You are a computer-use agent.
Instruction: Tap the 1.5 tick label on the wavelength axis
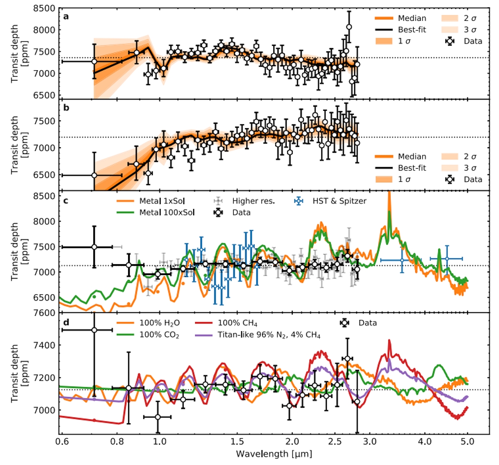pyautogui.click(x=237, y=441)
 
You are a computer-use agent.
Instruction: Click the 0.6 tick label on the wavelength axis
pyautogui.click(x=62, y=441)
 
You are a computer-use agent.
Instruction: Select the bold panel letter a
pyautogui.click(x=66, y=17)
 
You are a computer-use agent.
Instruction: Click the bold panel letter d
pyautogui.click(x=66, y=322)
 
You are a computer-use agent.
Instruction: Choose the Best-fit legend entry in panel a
pyautogui.click(x=412, y=30)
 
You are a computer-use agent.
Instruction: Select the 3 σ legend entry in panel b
pyautogui.click(x=470, y=168)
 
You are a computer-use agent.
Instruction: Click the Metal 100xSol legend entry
pyautogui.click(x=167, y=213)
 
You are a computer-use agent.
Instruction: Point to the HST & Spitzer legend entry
pyautogui.click(x=339, y=201)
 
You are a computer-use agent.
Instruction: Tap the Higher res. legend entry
pyautogui.click(x=253, y=201)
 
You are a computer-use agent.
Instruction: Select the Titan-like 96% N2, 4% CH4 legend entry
pyautogui.click(x=269, y=335)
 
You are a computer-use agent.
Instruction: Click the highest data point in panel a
pyautogui.click(x=349, y=27)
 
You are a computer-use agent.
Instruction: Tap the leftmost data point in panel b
pyautogui.click(x=94, y=175)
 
